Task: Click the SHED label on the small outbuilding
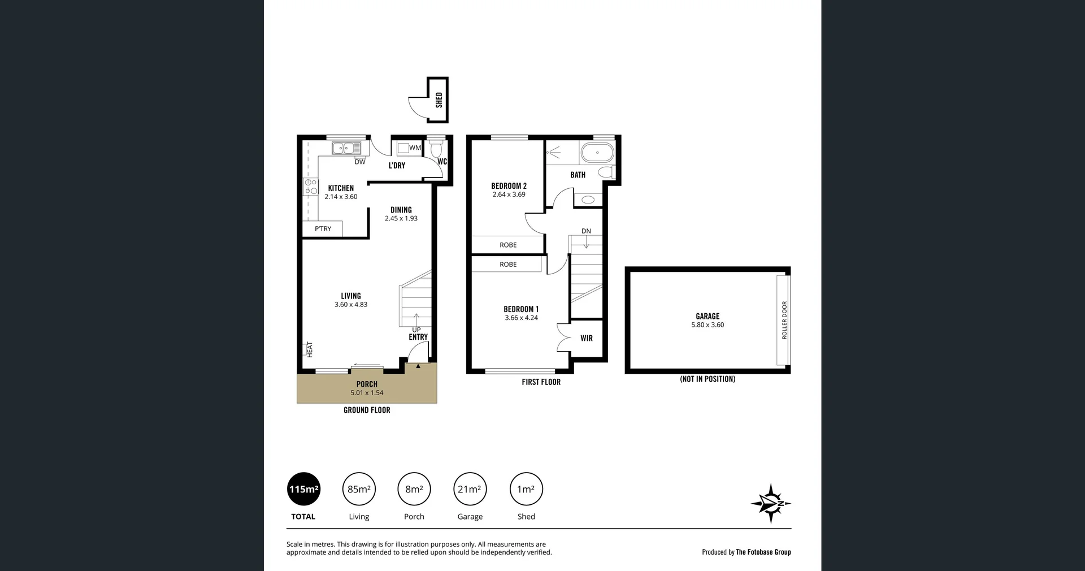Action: [x=439, y=100]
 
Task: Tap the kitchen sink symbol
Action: [x=346, y=149]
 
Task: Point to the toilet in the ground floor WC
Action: [x=436, y=150]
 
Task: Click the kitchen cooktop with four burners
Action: [x=311, y=187]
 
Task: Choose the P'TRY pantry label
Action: [x=323, y=229]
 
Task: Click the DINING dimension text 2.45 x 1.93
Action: [x=401, y=219]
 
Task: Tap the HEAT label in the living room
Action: [x=310, y=349]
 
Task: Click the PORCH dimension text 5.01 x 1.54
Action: [x=367, y=393]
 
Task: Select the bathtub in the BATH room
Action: [x=597, y=153]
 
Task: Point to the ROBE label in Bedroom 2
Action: [x=508, y=245]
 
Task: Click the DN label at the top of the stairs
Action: [x=586, y=231]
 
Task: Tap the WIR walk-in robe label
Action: [x=587, y=338]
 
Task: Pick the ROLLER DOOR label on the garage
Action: [x=784, y=320]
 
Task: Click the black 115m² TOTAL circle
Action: [x=304, y=489]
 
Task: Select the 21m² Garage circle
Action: [x=470, y=489]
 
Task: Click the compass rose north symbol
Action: [x=771, y=503]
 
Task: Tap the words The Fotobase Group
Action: [x=763, y=552]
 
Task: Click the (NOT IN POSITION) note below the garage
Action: [x=708, y=379]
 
